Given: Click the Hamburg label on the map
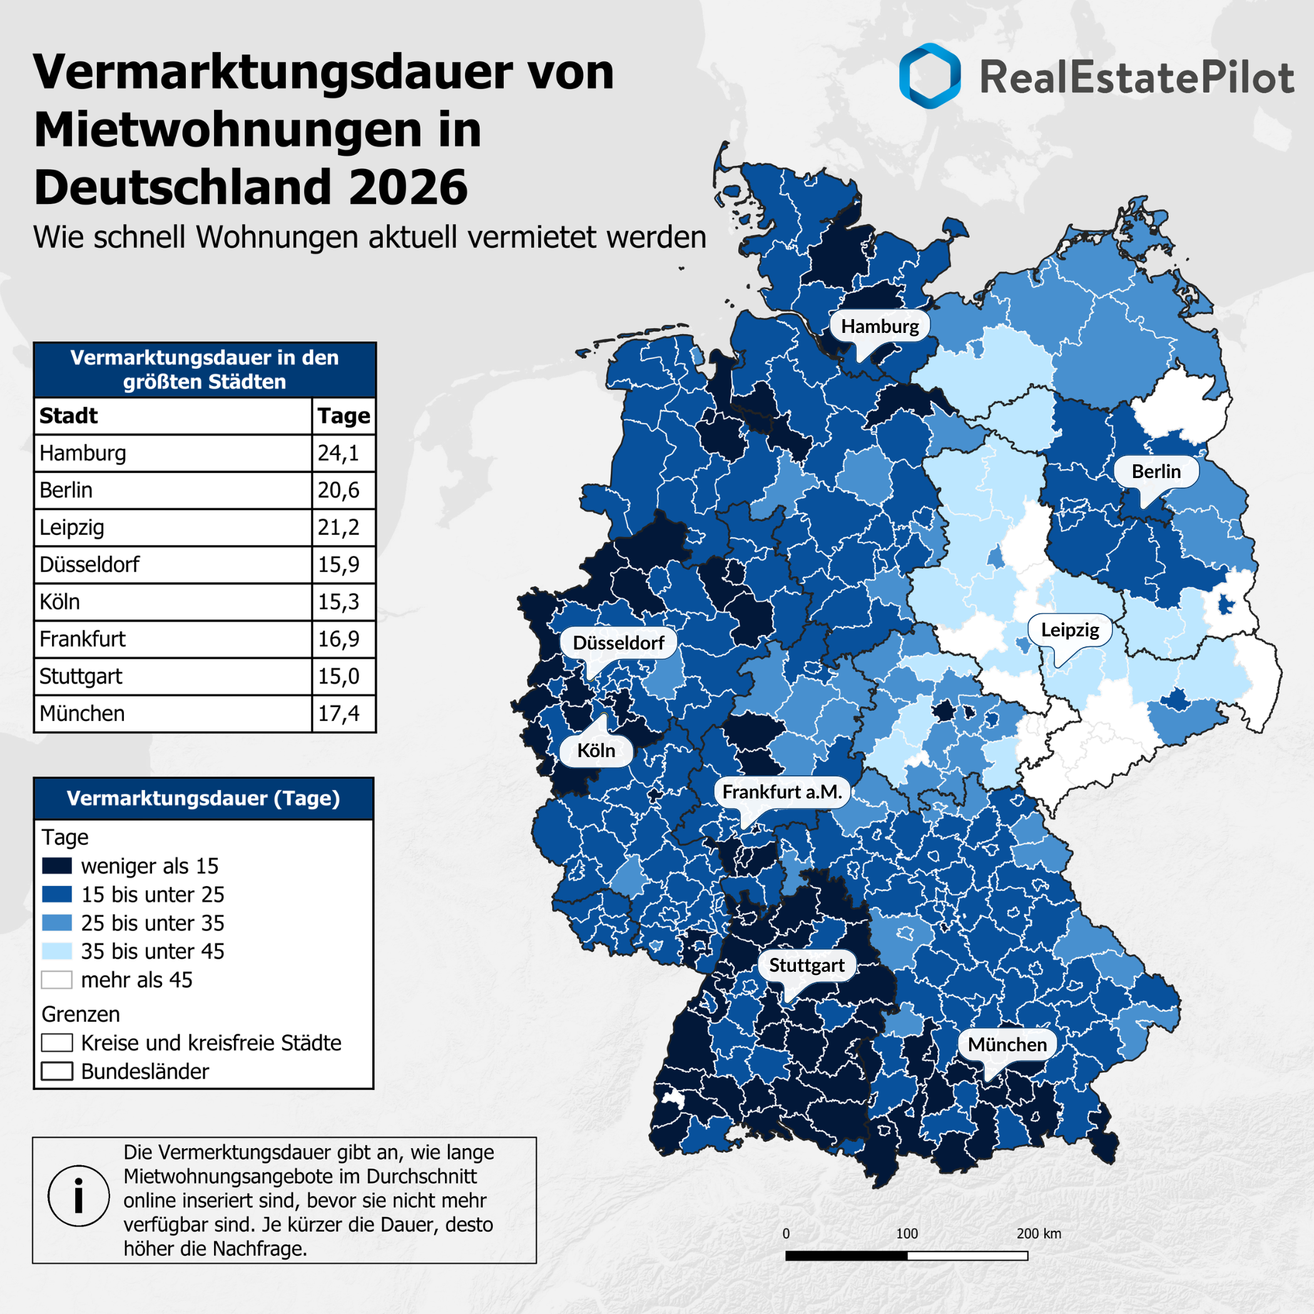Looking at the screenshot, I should coord(879,327).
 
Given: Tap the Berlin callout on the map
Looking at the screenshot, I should coord(1156,471).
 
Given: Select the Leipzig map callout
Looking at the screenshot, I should coord(1070,630).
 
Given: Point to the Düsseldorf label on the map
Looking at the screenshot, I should coord(618,643).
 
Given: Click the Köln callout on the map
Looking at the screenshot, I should coord(596,750).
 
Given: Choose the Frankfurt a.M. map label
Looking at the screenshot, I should coord(782,792).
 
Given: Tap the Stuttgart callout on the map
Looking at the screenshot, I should coord(807,965).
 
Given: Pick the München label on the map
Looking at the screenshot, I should coord(1007,1045).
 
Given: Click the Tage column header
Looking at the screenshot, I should coord(344,415).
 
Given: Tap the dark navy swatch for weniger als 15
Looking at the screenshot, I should coord(56,866).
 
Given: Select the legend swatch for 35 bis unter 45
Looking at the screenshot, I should coord(56,951).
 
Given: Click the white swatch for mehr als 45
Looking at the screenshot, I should coord(56,979).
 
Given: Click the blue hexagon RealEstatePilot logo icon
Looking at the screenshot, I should coord(930,76).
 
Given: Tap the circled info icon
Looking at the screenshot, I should coord(79,1196).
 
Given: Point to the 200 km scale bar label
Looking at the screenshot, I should coord(1039,1234).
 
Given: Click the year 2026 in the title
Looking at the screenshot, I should coord(408,188).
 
